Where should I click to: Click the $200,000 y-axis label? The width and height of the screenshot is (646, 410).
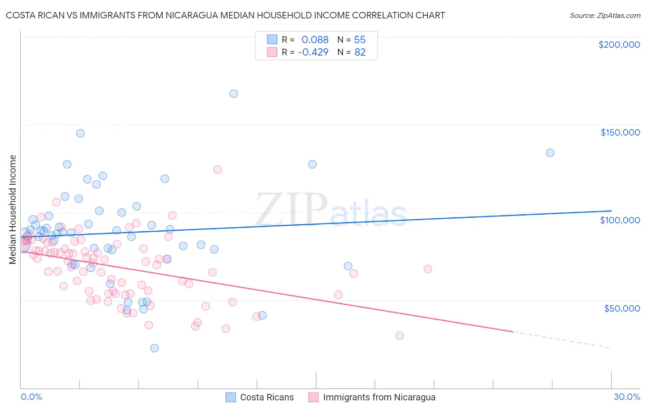[x=619, y=45]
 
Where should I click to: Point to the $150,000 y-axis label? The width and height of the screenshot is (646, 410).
[x=620, y=132]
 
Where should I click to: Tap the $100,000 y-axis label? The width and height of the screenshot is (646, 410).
[x=620, y=220]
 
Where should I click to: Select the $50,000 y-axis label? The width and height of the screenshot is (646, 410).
[x=622, y=308]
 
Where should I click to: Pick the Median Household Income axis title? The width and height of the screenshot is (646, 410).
[x=13, y=210]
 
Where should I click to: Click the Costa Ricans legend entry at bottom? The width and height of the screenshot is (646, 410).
[x=266, y=398]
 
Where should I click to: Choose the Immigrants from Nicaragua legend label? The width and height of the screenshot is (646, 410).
[x=379, y=398]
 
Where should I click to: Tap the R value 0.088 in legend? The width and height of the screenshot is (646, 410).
[x=315, y=40]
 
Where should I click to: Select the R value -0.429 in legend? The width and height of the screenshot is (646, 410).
[x=313, y=52]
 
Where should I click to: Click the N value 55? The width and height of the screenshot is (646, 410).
[x=360, y=40]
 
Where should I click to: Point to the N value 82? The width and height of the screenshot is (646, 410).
[x=360, y=52]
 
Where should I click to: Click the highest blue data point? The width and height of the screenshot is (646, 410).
[x=233, y=94]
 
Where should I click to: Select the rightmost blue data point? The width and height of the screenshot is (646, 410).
[x=550, y=153]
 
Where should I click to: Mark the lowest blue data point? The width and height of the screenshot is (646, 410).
[x=154, y=348]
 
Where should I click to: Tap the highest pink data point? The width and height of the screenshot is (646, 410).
[x=217, y=170]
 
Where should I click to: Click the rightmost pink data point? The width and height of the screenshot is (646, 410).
[x=428, y=269]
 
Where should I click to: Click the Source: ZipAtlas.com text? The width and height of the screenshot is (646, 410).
[x=605, y=16]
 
